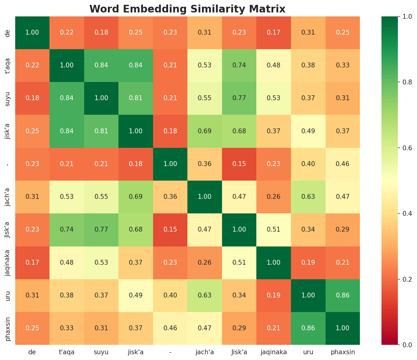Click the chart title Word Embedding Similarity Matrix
coord(187,9)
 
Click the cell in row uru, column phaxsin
coord(343,295)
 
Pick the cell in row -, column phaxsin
coord(343,164)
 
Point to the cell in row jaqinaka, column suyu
coord(101,263)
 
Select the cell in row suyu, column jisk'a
coord(136,98)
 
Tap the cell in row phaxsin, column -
coord(170,328)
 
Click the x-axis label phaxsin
coord(343,352)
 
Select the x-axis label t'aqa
coord(67,352)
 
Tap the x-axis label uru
coord(308,352)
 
